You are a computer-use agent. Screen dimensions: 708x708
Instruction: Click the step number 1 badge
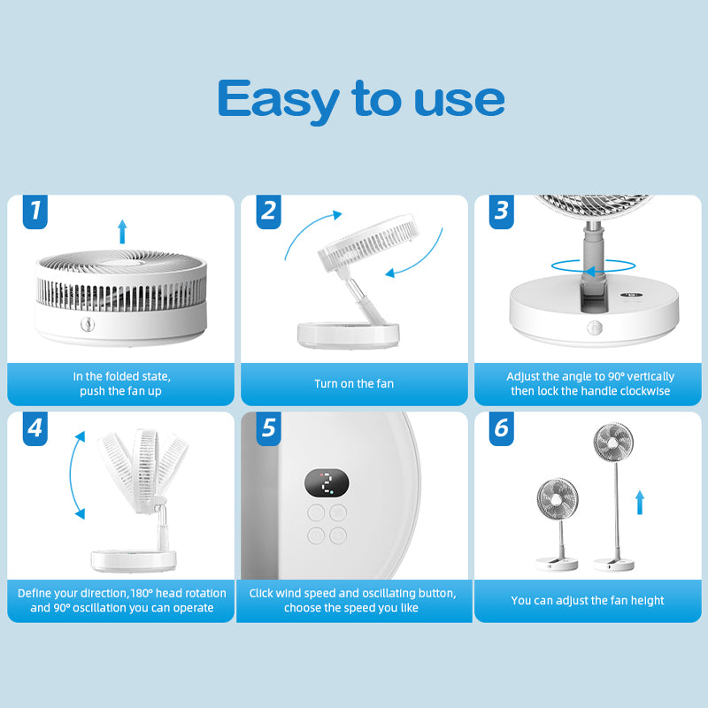click(35, 212)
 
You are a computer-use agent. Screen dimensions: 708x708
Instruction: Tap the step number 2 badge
click(269, 212)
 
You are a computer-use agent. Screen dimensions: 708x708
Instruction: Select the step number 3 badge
click(502, 212)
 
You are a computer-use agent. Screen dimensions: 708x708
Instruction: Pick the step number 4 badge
click(35, 428)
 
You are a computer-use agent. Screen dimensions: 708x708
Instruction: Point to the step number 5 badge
click(269, 428)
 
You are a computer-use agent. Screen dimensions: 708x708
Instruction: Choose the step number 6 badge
click(502, 428)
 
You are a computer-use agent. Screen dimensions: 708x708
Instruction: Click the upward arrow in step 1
click(122, 232)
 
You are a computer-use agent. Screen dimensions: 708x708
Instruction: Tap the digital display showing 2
click(327, 483)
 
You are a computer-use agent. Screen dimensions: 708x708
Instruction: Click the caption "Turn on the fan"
click(354, 384)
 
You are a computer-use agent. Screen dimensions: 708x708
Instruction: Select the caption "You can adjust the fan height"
click(588, 601)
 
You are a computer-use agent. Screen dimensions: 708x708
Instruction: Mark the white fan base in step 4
click(133, 560)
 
